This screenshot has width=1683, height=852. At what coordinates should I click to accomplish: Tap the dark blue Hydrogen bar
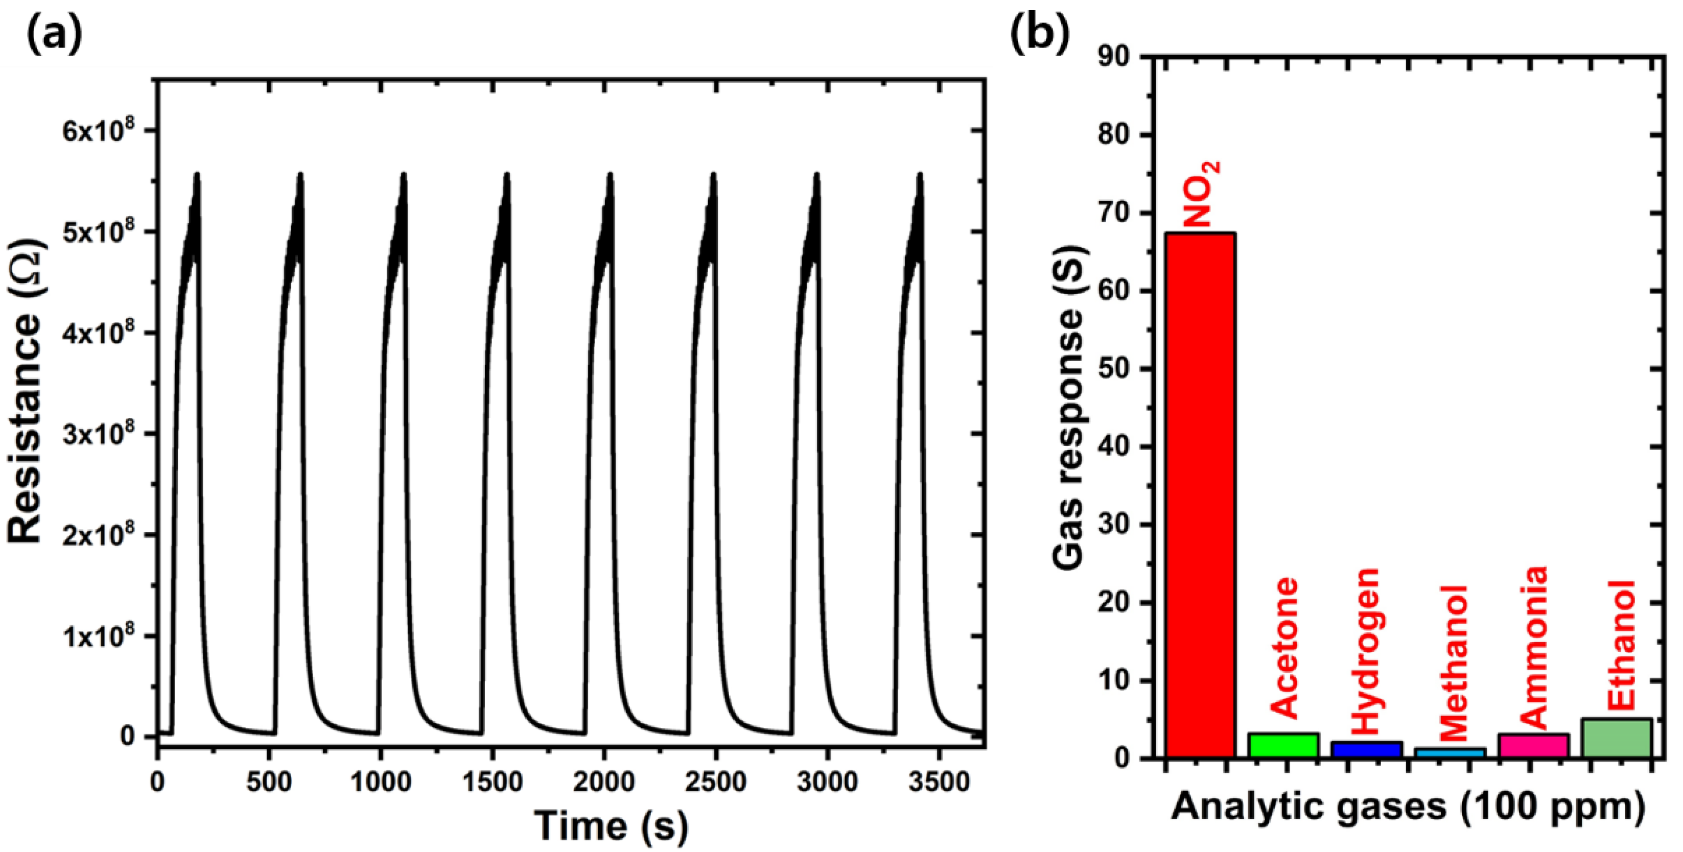[x=1366, y=749]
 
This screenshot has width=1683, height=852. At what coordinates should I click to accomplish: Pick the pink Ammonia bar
[x=1533, y=746]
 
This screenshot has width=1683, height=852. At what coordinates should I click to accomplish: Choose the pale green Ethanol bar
[x=1617, y=738]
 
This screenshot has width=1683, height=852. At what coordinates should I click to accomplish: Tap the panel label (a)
[x=54, y=34]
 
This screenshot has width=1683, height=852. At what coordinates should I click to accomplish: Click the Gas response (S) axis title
[x=1068, y=407]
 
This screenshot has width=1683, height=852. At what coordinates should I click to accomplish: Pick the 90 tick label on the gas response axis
[x=1113, y=58]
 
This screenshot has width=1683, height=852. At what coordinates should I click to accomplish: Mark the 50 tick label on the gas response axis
[x=1113, y=369]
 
